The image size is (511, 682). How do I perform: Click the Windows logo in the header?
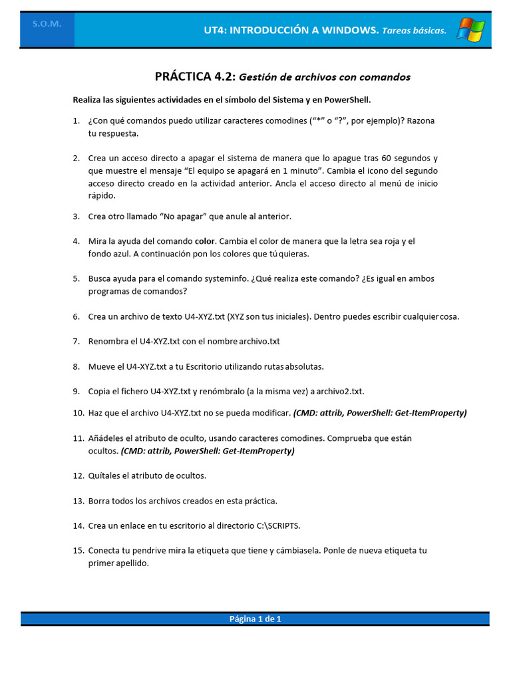[470, 29]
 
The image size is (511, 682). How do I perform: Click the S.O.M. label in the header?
[47, 24]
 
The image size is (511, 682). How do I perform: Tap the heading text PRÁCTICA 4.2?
[195, 77]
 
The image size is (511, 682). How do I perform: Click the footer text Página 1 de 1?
[255, 619]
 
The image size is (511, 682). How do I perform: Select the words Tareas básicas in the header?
[414, 31]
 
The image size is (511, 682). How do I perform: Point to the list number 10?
[78, 413]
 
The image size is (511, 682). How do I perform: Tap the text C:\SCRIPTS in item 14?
[279, 525]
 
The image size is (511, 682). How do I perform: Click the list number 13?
[78, 500]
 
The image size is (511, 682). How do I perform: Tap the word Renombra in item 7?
[108, 341]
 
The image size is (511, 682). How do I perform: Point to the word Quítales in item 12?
[104, 476]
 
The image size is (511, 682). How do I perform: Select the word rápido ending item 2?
[102, 196]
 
